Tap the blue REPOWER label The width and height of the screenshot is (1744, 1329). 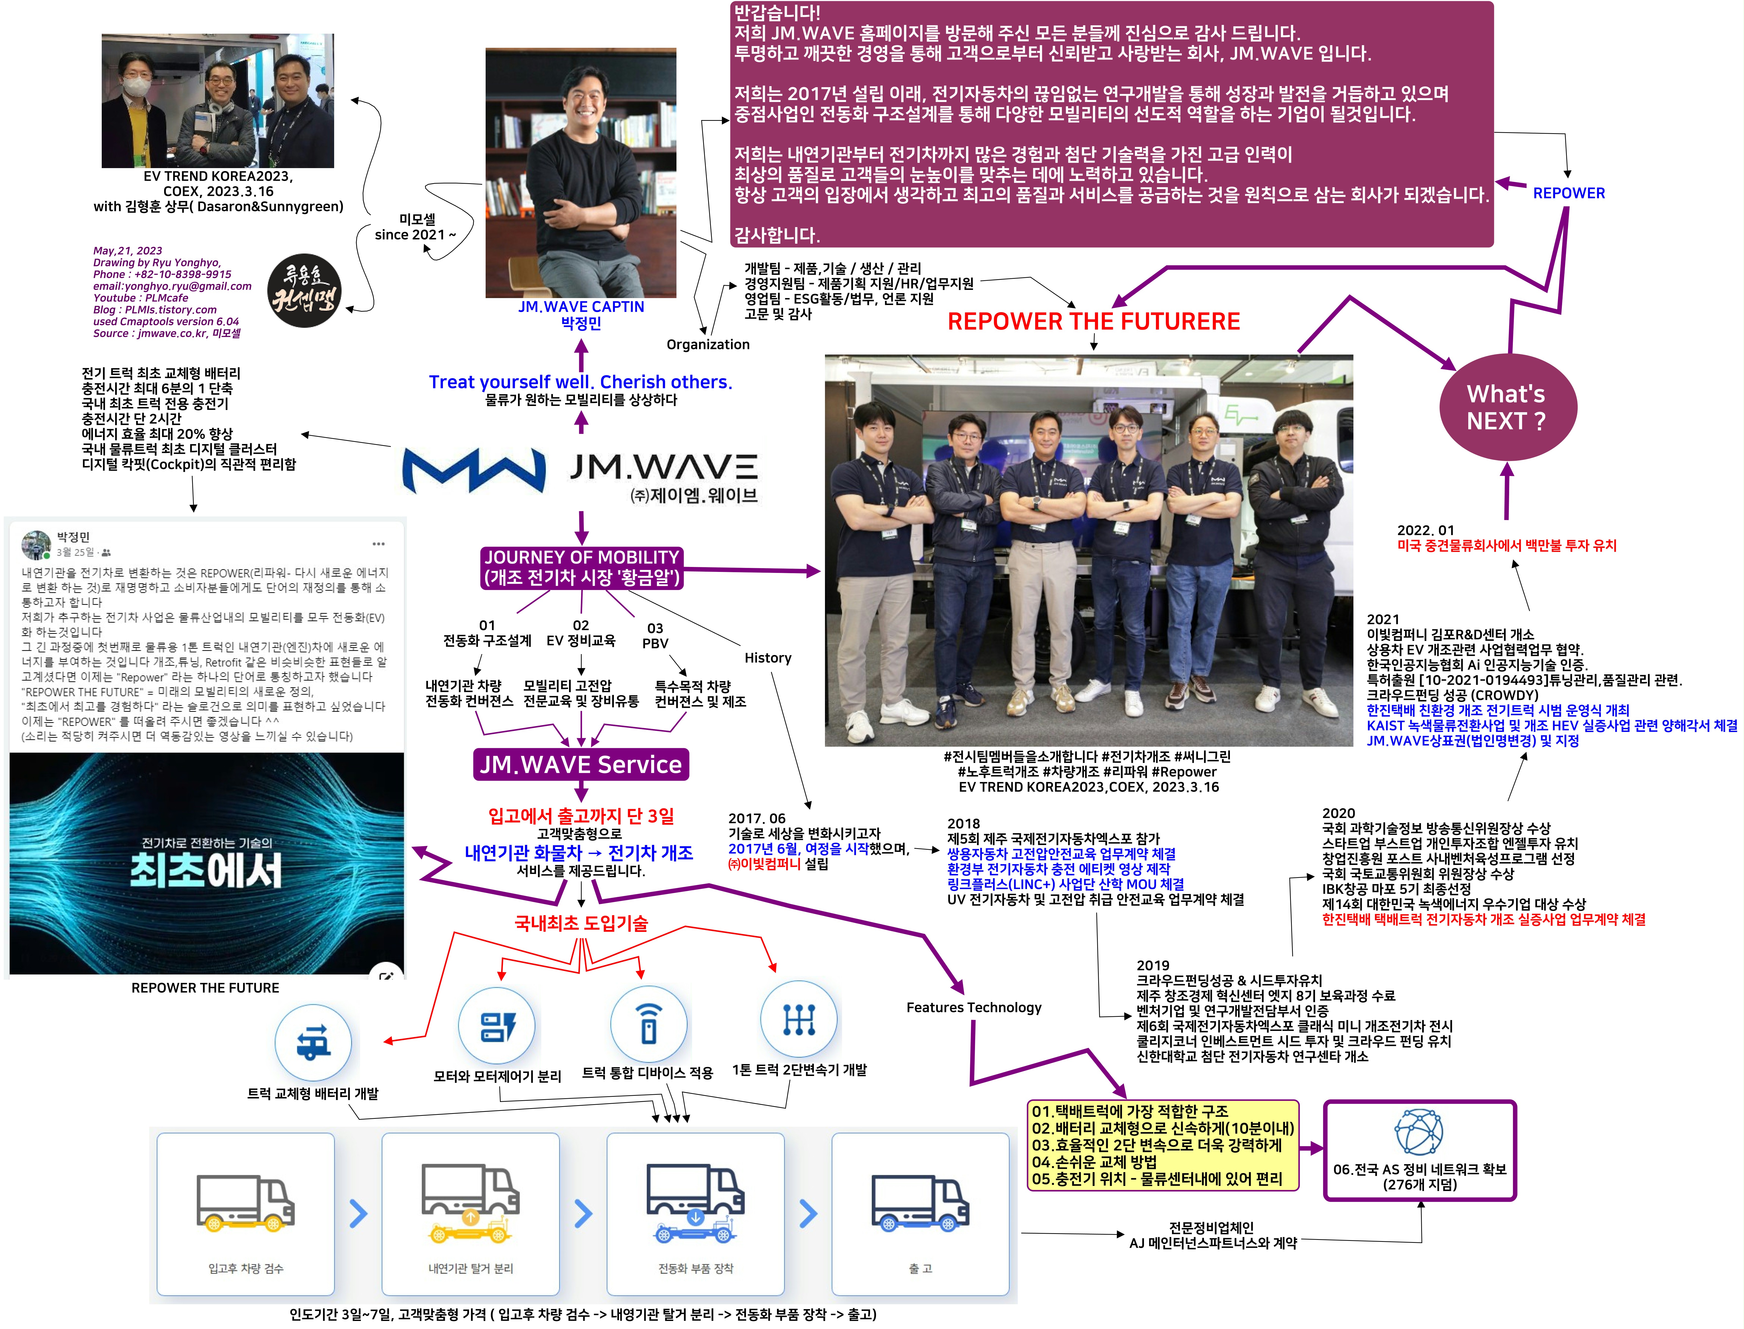1569,193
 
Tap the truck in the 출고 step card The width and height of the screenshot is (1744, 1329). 920,1202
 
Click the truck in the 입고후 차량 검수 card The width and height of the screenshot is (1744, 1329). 245,1202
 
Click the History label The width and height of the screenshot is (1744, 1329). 767,658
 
